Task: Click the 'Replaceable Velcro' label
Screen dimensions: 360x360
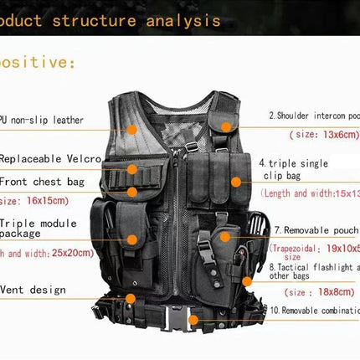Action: (51, 157)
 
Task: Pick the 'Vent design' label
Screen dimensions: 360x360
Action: (33, 290)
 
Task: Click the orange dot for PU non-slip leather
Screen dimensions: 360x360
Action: (132, 129)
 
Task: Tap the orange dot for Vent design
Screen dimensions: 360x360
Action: (131, 297)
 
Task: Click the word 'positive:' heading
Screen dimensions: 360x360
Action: (38, 63)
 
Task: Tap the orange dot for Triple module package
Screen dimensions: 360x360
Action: (132, 239)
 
